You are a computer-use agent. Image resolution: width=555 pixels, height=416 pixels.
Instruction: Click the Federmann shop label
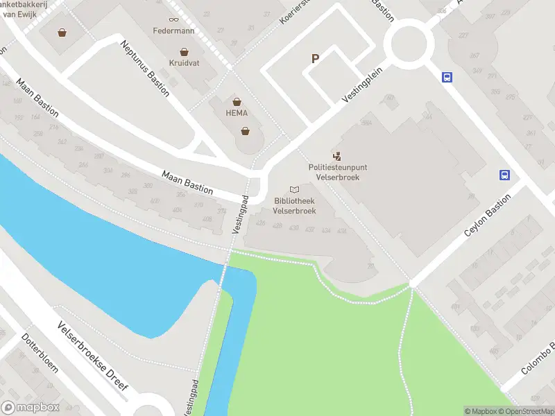[x=173, y=31]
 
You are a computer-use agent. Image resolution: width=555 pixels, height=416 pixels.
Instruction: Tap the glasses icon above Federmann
[x=173, y=19]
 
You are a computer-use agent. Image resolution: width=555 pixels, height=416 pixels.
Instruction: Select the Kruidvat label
[x=184, y=62]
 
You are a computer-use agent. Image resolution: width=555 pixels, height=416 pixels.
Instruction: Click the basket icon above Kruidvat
[x=184, y=51]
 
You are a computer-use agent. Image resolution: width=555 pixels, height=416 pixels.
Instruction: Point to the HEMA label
[x=237, y=113]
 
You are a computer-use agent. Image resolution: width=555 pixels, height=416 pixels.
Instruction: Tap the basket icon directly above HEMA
[x=237, y=102]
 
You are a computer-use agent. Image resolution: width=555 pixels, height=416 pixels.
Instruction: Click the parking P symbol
[x=315, y=59]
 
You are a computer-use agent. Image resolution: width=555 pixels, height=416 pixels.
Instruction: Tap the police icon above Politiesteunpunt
[x=337, y=157]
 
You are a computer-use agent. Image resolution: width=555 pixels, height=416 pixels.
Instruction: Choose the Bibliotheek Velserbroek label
[x=295, y=205]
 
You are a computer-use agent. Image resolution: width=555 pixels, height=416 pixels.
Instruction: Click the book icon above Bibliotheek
[x=295, y=189]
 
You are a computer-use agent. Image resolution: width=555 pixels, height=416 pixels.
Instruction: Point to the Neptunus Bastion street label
[x=144, y=69]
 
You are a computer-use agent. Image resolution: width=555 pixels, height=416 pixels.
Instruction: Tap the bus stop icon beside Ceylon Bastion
[x=505, y=175]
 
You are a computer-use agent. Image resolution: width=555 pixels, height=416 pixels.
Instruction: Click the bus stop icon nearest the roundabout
[x=447, y=78]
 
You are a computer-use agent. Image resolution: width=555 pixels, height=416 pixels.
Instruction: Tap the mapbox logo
[x=29, y=408]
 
